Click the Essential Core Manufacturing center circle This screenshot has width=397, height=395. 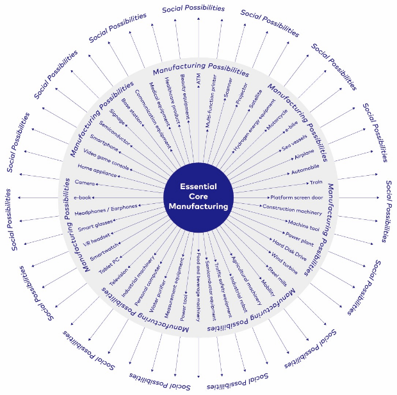click(x=198, y=197)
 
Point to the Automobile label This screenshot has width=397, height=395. click(x=305, y=170)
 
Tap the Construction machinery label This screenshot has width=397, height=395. click(x=292, y=212)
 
